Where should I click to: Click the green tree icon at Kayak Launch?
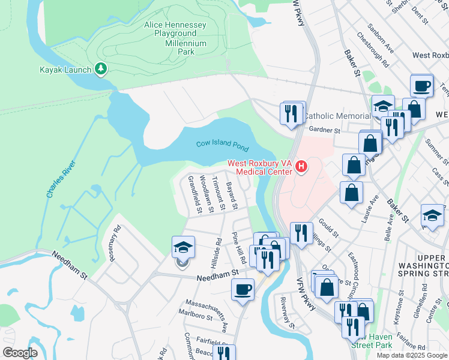pos(101,70)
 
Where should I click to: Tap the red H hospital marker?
pos(301,167)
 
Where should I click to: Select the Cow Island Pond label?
pos(221,144)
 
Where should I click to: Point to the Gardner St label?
pos(324,130)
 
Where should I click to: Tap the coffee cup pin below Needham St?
pos(243,290)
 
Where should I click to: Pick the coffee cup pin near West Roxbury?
pos(421,85)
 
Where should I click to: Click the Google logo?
pos(20,353)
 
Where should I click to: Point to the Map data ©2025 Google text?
pos(412,355)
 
